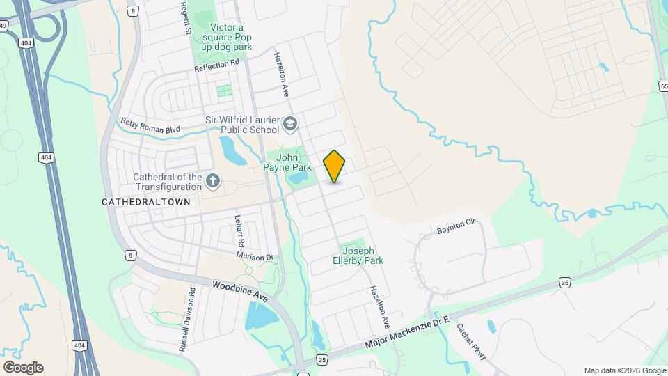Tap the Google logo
click(x=23, y=368)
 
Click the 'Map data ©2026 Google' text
click(x=624, y=370)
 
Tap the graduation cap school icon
click(x=290, y=125)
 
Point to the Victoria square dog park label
click(x=231, y=37)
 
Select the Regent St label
click(x=186, y=19)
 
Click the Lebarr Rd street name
click(x=239, y=231)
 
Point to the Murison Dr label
click(x=256, y=257)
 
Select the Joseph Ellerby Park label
click(x=361, y=256)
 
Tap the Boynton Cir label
click(x=455, y=226)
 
